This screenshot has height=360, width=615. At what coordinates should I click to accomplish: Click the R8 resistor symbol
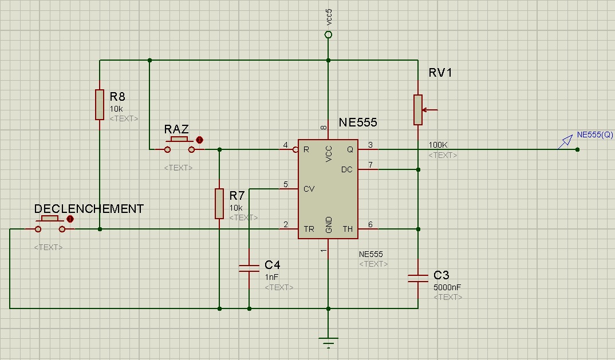tap(100, 104)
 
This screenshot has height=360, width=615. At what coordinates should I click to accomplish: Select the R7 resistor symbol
tap(219, 203)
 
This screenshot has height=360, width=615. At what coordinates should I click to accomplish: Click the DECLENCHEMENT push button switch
tap(50, 224)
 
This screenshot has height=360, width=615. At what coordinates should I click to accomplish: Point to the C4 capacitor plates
tap(249, 268)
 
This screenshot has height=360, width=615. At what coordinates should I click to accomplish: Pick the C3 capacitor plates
tap(418, 278)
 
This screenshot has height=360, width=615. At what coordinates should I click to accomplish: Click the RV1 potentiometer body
tap(418, 110)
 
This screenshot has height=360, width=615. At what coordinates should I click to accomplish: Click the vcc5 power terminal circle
tap(328, 35)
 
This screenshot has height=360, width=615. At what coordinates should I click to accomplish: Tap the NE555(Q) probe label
tap(595, 135)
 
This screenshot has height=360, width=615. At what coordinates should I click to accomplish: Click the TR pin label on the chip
tap(309, 229)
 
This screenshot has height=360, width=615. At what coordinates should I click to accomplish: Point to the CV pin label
tap(309, 188)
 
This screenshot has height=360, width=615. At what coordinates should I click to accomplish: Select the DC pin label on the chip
tap(347, 169)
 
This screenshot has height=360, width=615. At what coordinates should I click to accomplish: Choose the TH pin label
tap(348, 229)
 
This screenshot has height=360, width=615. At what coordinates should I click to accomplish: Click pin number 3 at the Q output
tap(370, 145)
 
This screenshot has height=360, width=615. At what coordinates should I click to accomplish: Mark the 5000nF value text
tap(448, 287)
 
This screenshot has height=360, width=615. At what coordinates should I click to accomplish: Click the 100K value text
tap(439, 145)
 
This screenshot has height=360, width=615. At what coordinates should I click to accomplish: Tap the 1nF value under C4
tap(271, 276)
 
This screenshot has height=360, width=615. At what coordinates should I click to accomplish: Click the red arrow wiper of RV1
tap(431, 110)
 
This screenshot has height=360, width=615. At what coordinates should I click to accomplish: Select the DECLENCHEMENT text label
tap(89, 209)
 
